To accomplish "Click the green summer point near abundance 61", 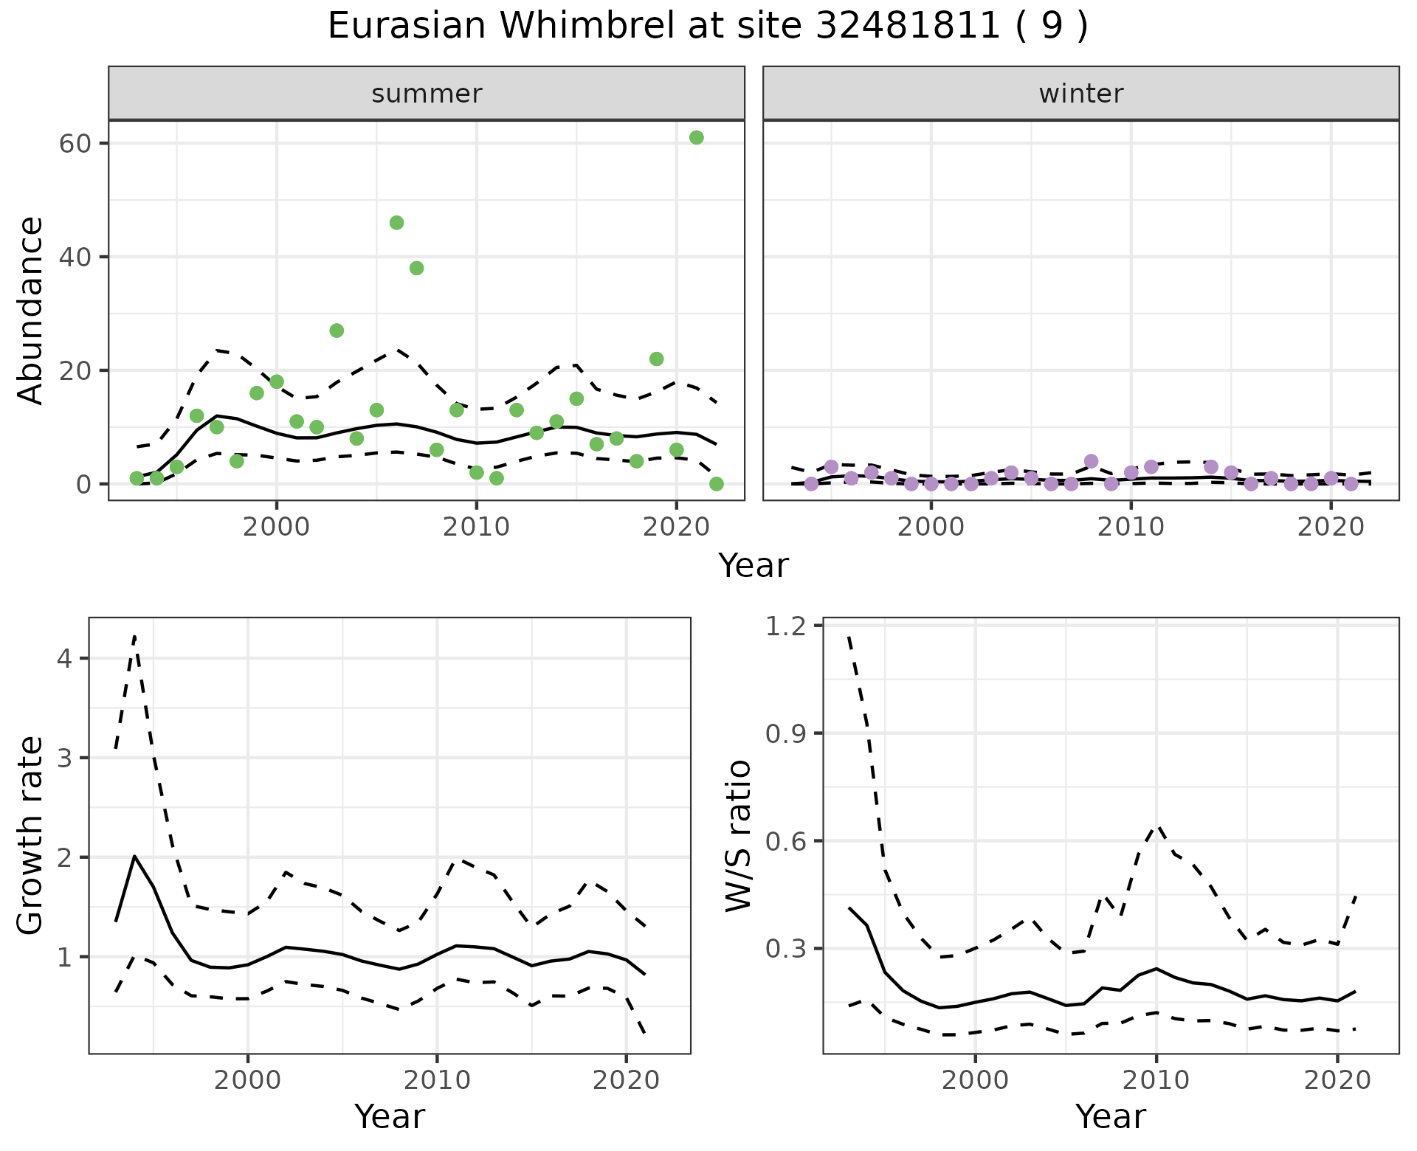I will click(x=696, y=137).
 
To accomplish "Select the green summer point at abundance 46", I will click(x=396, y=223).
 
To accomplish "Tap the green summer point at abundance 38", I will click(x=416, y=268).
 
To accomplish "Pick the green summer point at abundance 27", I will click(x=337, y=331).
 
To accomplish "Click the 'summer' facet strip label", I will click(x=427, y=94).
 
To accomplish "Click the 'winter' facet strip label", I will click(x=1080, y=94).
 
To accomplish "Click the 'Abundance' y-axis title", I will click(x=31, y=310).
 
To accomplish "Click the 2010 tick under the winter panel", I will click(x=1131, y=527).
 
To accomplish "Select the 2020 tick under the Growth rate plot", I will click(x=626, y=1080).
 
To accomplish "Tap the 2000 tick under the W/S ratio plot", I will click(x=976, y=1080).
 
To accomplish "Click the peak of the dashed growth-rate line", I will click(x=134, y=636).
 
